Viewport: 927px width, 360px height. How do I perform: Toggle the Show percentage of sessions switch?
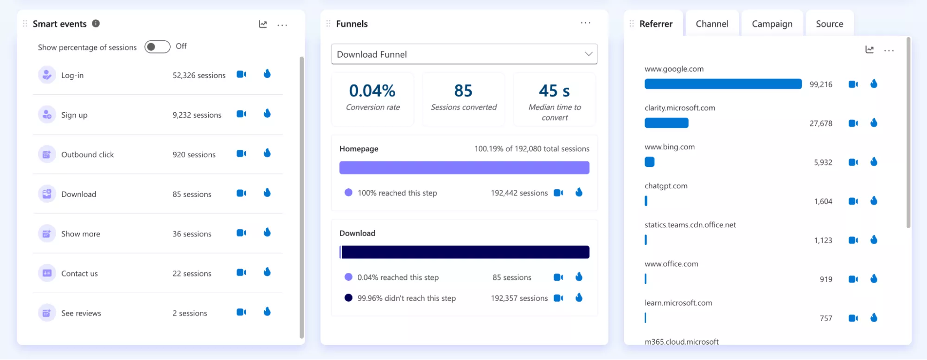(157, 47)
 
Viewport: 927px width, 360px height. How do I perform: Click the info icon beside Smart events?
(96, 23)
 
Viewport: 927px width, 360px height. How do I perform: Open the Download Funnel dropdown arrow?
(588, 54)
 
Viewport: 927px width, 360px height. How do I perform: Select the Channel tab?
(712, 24)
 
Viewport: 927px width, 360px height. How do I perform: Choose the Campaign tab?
(772, 24)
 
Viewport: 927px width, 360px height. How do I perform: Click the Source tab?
(830, 24)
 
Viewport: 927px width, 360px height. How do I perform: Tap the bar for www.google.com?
(723, 84)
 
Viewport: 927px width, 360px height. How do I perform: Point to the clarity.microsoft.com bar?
(666, 123)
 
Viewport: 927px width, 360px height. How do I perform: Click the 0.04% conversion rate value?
(372, 90)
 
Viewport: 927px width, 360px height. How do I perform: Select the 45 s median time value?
(555, 90)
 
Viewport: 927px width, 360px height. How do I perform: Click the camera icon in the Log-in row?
(242, 74)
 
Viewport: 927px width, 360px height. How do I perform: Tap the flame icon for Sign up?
(267, 113)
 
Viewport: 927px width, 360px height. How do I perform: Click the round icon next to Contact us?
(47, 273)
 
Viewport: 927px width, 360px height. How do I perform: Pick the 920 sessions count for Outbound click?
(194, 154)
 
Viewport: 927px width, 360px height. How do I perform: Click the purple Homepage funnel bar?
(464, 167)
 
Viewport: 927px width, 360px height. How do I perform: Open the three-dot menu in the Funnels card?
(586, 23)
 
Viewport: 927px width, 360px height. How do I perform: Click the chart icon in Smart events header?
(263, 24)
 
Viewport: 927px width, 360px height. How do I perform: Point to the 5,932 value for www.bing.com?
(823, 162)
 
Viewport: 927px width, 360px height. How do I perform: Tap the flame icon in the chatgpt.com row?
(874, 200)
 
